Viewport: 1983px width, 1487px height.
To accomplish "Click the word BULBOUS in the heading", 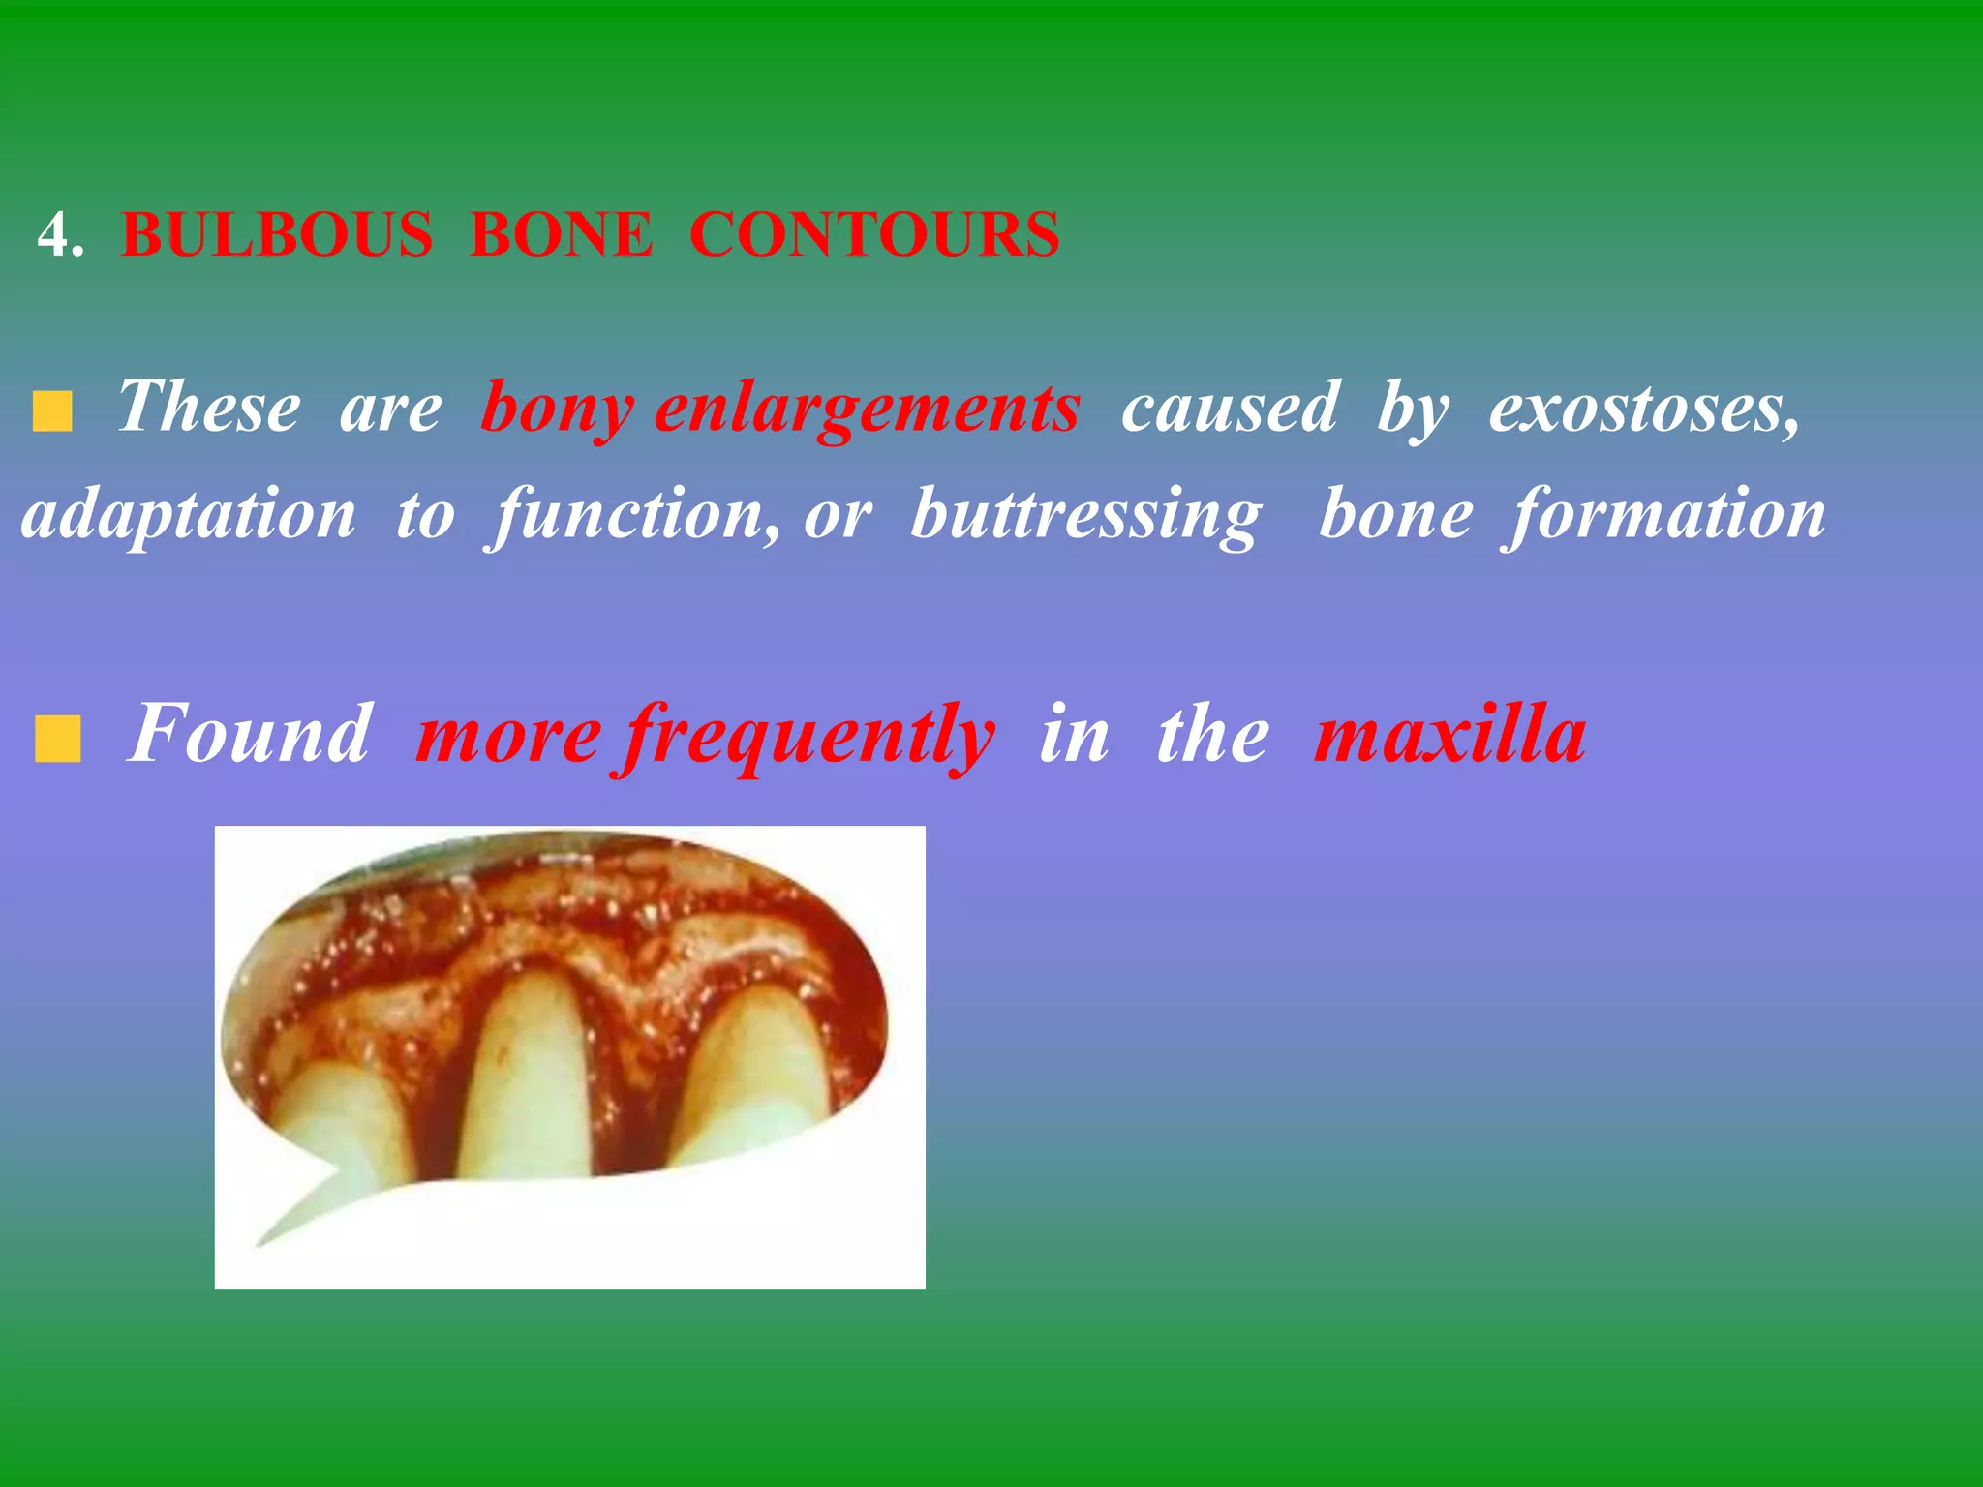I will (x=277, y=235).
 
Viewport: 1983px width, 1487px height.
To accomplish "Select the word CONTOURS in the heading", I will (x=874, y=235).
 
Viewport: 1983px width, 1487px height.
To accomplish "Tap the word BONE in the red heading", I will (x=561, y=235).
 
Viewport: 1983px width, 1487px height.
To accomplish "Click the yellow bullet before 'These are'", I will (x=52, y=411).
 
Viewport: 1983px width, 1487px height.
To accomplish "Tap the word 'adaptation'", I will (x=190, y=515).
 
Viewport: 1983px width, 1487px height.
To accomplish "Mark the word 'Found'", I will (x=249, y=734).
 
